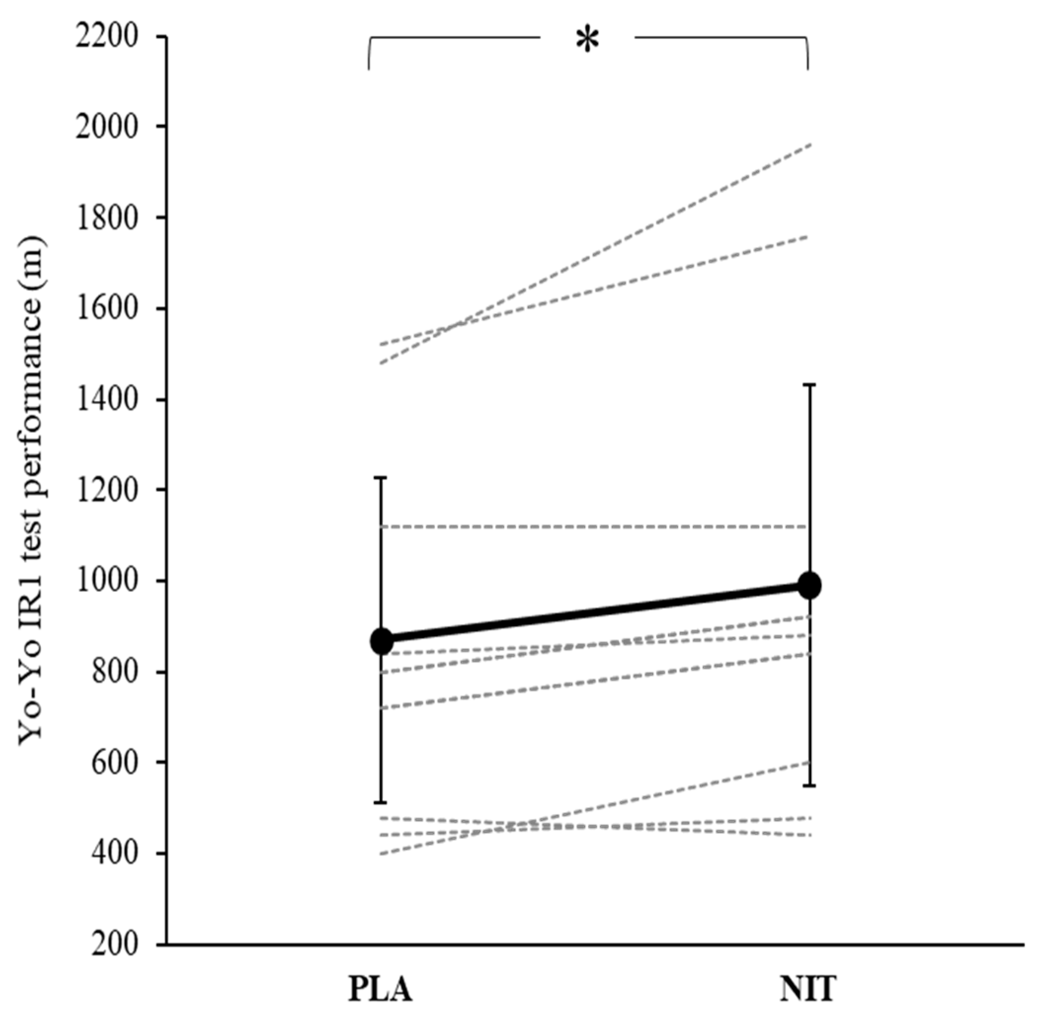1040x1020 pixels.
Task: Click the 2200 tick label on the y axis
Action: (x=107, y=38)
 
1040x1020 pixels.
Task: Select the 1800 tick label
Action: (x=107, y=219)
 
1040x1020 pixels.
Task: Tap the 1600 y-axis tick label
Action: (x=107, y=310)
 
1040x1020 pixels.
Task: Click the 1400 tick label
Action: (x=107, y=400)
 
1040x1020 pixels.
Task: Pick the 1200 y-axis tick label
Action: (x=107, y=491)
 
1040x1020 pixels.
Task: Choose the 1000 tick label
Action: (x=107, y=582)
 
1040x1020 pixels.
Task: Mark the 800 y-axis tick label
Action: (x=115, y=672)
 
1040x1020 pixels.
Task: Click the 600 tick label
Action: (x=115, y=763)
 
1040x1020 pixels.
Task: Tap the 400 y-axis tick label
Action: (x=115, y=854)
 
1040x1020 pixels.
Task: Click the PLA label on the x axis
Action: (x=380, y=989)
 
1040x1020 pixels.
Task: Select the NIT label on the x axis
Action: (x=808, y=989)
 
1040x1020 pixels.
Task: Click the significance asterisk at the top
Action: (x=587, y=40)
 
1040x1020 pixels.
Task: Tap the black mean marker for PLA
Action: (x=382, y=641)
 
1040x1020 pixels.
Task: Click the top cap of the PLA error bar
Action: (x=381, y=477)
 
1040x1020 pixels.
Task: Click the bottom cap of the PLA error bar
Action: (x=381, y=802)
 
